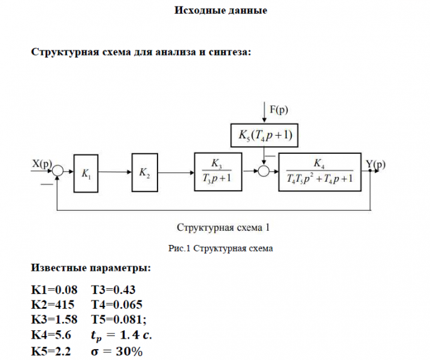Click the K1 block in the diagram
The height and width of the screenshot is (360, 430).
(x=86, y=173)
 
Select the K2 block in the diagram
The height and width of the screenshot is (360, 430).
(x=145, y=173)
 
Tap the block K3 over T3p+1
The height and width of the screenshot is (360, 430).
(x=218, y=172)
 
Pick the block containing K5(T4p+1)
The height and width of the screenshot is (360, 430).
(x=264, y=135)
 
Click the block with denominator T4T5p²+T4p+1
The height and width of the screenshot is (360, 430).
(x=320, y=172)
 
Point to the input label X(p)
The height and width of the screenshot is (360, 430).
(x=42, y=164)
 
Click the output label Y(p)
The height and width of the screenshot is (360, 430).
(x=376, y=164)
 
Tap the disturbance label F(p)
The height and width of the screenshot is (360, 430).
(x=279, y=109)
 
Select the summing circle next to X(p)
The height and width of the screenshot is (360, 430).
(x=58, y=171)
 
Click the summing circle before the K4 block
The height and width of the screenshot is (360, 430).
(x=264, y=171)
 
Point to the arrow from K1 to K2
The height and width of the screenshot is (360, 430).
(x=115, y=172)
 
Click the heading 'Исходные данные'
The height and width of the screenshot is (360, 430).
(x=221, y=10)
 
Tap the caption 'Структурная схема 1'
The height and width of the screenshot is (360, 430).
(x=223, y=228)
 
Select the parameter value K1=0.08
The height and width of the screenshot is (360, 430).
(x=54, y=290)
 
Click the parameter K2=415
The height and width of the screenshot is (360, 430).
(x=53, y=305)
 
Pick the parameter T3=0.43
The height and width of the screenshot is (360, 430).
(x=113, y=290)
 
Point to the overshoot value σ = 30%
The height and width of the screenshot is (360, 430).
(x=117, y=352)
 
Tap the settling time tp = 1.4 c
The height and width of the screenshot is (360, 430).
(x=121, y=335)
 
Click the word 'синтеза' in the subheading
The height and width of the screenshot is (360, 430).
(x=230, y=52)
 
